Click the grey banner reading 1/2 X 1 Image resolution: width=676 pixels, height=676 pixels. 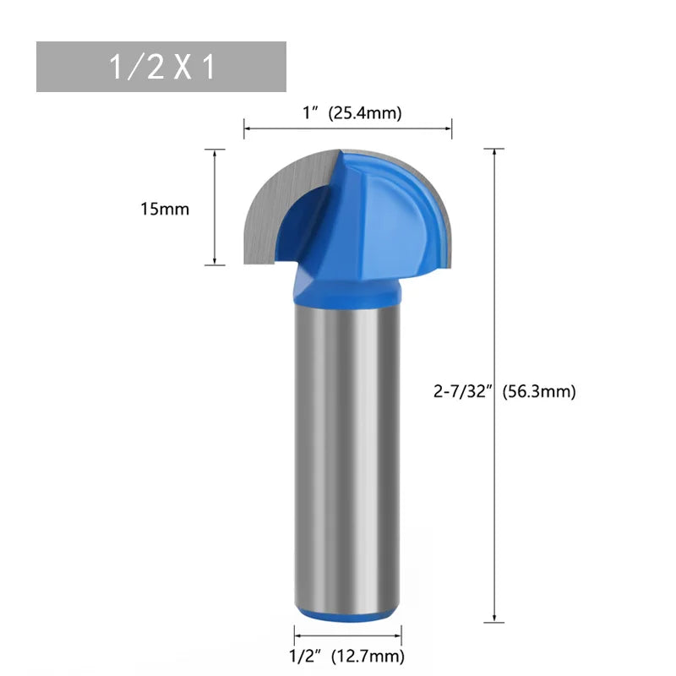click(161, 67)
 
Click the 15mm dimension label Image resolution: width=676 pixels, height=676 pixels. click(165, 209)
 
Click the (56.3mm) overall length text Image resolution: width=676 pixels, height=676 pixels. click(539, 391)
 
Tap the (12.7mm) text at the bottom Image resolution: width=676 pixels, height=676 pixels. click(366, 656)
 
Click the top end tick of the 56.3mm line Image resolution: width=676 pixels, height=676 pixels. click(493, 149)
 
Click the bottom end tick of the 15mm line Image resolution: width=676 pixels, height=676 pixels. click(215, 264)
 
